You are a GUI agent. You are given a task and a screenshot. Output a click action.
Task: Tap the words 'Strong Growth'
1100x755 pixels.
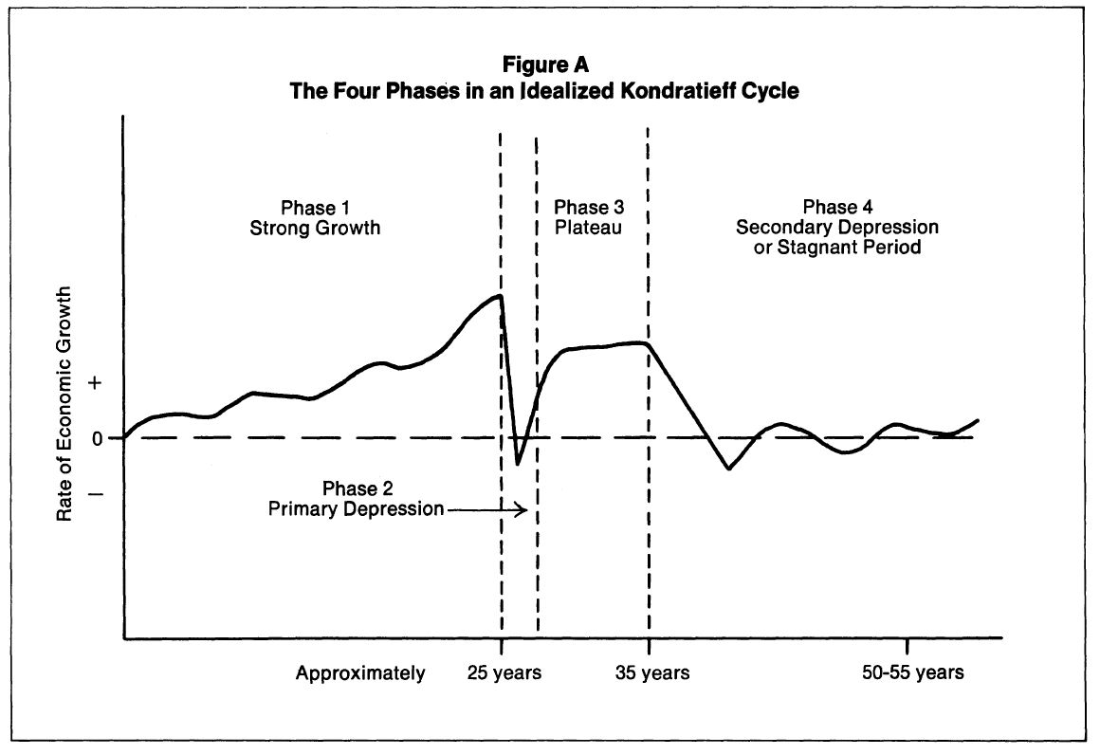coord(308,229)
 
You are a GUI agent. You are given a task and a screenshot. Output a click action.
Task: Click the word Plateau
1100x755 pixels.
coord(589,229)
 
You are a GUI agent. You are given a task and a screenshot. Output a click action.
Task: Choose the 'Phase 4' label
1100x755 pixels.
coord(837,209)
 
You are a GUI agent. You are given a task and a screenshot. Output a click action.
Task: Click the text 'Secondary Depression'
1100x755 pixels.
coord(837,228)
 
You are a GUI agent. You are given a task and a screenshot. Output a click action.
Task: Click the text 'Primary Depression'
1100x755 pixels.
coord(357,509)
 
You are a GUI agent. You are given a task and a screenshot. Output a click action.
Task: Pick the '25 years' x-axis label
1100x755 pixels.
coord(504,673)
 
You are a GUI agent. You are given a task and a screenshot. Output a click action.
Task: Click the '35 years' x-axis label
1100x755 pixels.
coord(651,673)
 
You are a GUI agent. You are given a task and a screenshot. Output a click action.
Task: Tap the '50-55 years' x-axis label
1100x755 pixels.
coord(913,673)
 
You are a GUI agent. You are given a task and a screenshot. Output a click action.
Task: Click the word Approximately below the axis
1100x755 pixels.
coord(360,674)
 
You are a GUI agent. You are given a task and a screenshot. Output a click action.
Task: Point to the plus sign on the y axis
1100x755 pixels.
coord(95,383)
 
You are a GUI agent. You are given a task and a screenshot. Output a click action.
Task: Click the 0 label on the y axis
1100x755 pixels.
coord(96,438)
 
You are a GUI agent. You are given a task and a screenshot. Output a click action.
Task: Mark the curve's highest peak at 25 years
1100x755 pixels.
coord(499,296)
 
